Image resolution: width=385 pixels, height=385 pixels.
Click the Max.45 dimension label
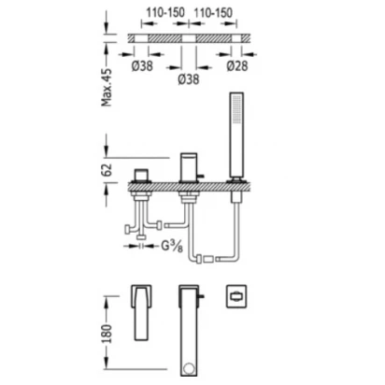pos(107,88)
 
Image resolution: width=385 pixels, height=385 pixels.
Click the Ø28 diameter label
pos(237,65)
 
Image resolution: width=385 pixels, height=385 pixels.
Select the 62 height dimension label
pos(107,170)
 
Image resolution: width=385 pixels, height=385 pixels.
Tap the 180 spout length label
pos(107,334)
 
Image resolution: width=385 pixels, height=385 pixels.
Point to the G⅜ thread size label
pos(172,247)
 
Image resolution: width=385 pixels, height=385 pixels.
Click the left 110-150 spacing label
pos(165,13)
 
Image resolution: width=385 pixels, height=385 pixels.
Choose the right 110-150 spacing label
pos(213,13)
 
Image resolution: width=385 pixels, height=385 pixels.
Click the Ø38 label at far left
pos(142,65)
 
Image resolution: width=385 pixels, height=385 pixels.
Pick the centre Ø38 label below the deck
pos(189,79)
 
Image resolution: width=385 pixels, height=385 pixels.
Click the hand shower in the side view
pos(236,136)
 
